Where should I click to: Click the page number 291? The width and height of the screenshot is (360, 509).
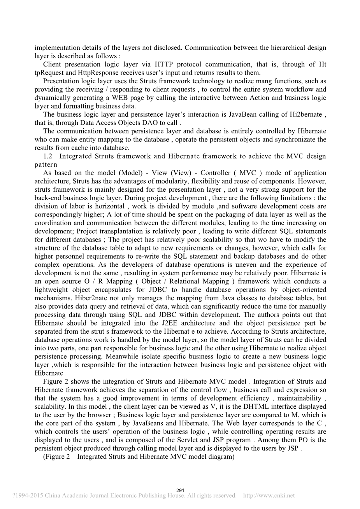click(180, 490)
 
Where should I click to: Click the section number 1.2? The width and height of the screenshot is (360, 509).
click(48, 156)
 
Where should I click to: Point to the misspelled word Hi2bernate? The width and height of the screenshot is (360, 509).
click(306, 114)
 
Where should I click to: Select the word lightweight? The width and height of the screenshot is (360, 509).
click(51, 290)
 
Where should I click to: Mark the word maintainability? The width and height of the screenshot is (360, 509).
click(297, 398)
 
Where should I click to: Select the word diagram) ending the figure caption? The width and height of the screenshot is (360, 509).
click(223, 457)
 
